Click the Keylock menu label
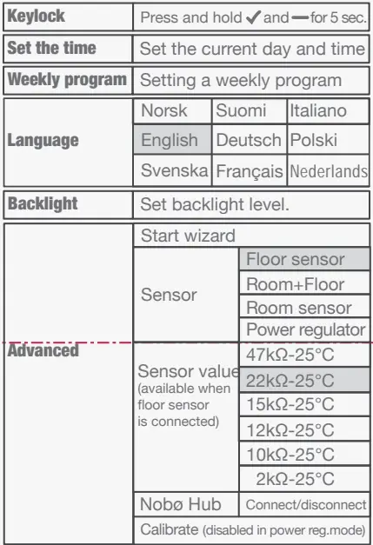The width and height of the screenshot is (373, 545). [x=37, y=17]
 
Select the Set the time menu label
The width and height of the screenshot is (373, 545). [x=52, y=49]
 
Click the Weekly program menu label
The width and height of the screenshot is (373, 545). [x=67, y=80]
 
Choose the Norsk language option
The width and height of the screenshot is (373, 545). [x=163, y=111]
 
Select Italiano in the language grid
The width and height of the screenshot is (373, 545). [x=318, y=111]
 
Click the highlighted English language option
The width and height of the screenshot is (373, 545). [x=170, y=140]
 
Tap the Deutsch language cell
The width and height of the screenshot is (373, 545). [x=249, y=140]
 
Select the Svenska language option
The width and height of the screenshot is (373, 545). [x=174, y=170]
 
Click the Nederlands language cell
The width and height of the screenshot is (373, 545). [x=329, y=171]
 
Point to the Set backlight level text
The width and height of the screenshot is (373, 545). [x=214, y=205]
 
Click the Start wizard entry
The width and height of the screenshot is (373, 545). [x=188, y=236]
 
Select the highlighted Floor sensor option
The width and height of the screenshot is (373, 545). [x=296, y=259]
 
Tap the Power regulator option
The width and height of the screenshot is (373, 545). [x=306, y=330]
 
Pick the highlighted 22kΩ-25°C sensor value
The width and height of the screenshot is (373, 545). [x=290, y=380]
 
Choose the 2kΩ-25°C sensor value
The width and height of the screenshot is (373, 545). [x=295, y=479]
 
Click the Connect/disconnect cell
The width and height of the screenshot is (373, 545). [x=304, y=504]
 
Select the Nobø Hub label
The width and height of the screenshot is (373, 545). [x=181, y=504]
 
